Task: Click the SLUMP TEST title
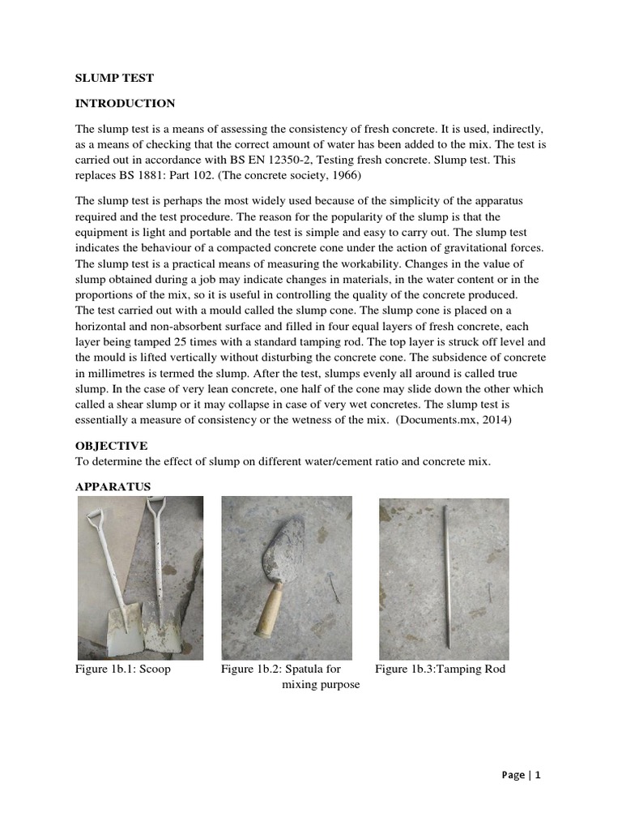tap(114, 79)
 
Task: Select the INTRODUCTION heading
tap(125, 104)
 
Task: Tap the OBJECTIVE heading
tap(111, 446)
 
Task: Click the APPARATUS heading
tap(113, 486)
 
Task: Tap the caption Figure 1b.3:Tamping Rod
tap(440, 670)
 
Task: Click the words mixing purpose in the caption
tap(320, 685)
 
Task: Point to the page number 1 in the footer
tap(536, 775)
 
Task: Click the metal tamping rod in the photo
tap(445, 575)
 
